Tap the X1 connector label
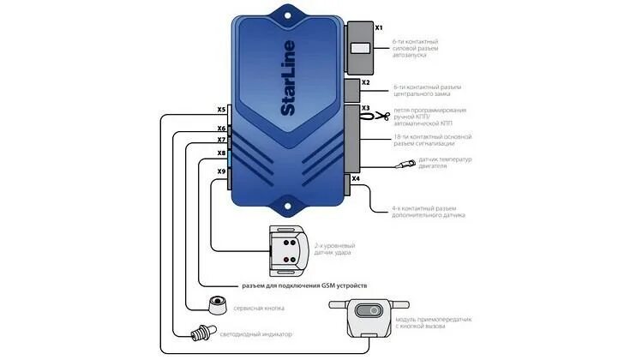point(379,27)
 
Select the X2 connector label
point(366,83)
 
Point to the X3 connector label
point(366,109)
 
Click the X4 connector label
point(356,179)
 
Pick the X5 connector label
point(221,109)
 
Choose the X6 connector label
point(221,129)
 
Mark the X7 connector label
point(221,140)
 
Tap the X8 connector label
point(221,153)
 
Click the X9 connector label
point(221,171)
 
